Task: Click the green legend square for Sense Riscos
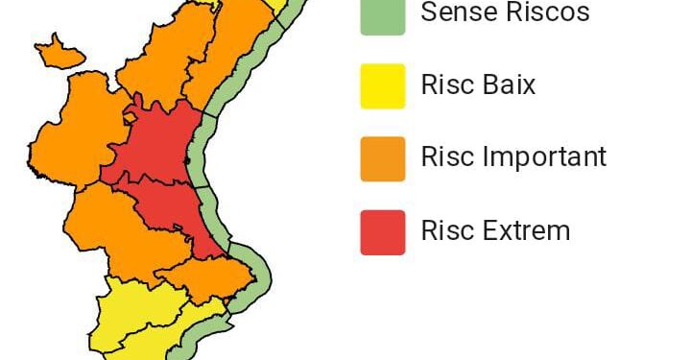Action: tap(382, 15)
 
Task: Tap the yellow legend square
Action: tap(382, 85)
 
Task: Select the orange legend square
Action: tap(382, 158)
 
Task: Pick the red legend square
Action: tap(382, 232)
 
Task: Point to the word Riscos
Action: tap(546, 12)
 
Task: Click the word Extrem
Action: tap(529, 230)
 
